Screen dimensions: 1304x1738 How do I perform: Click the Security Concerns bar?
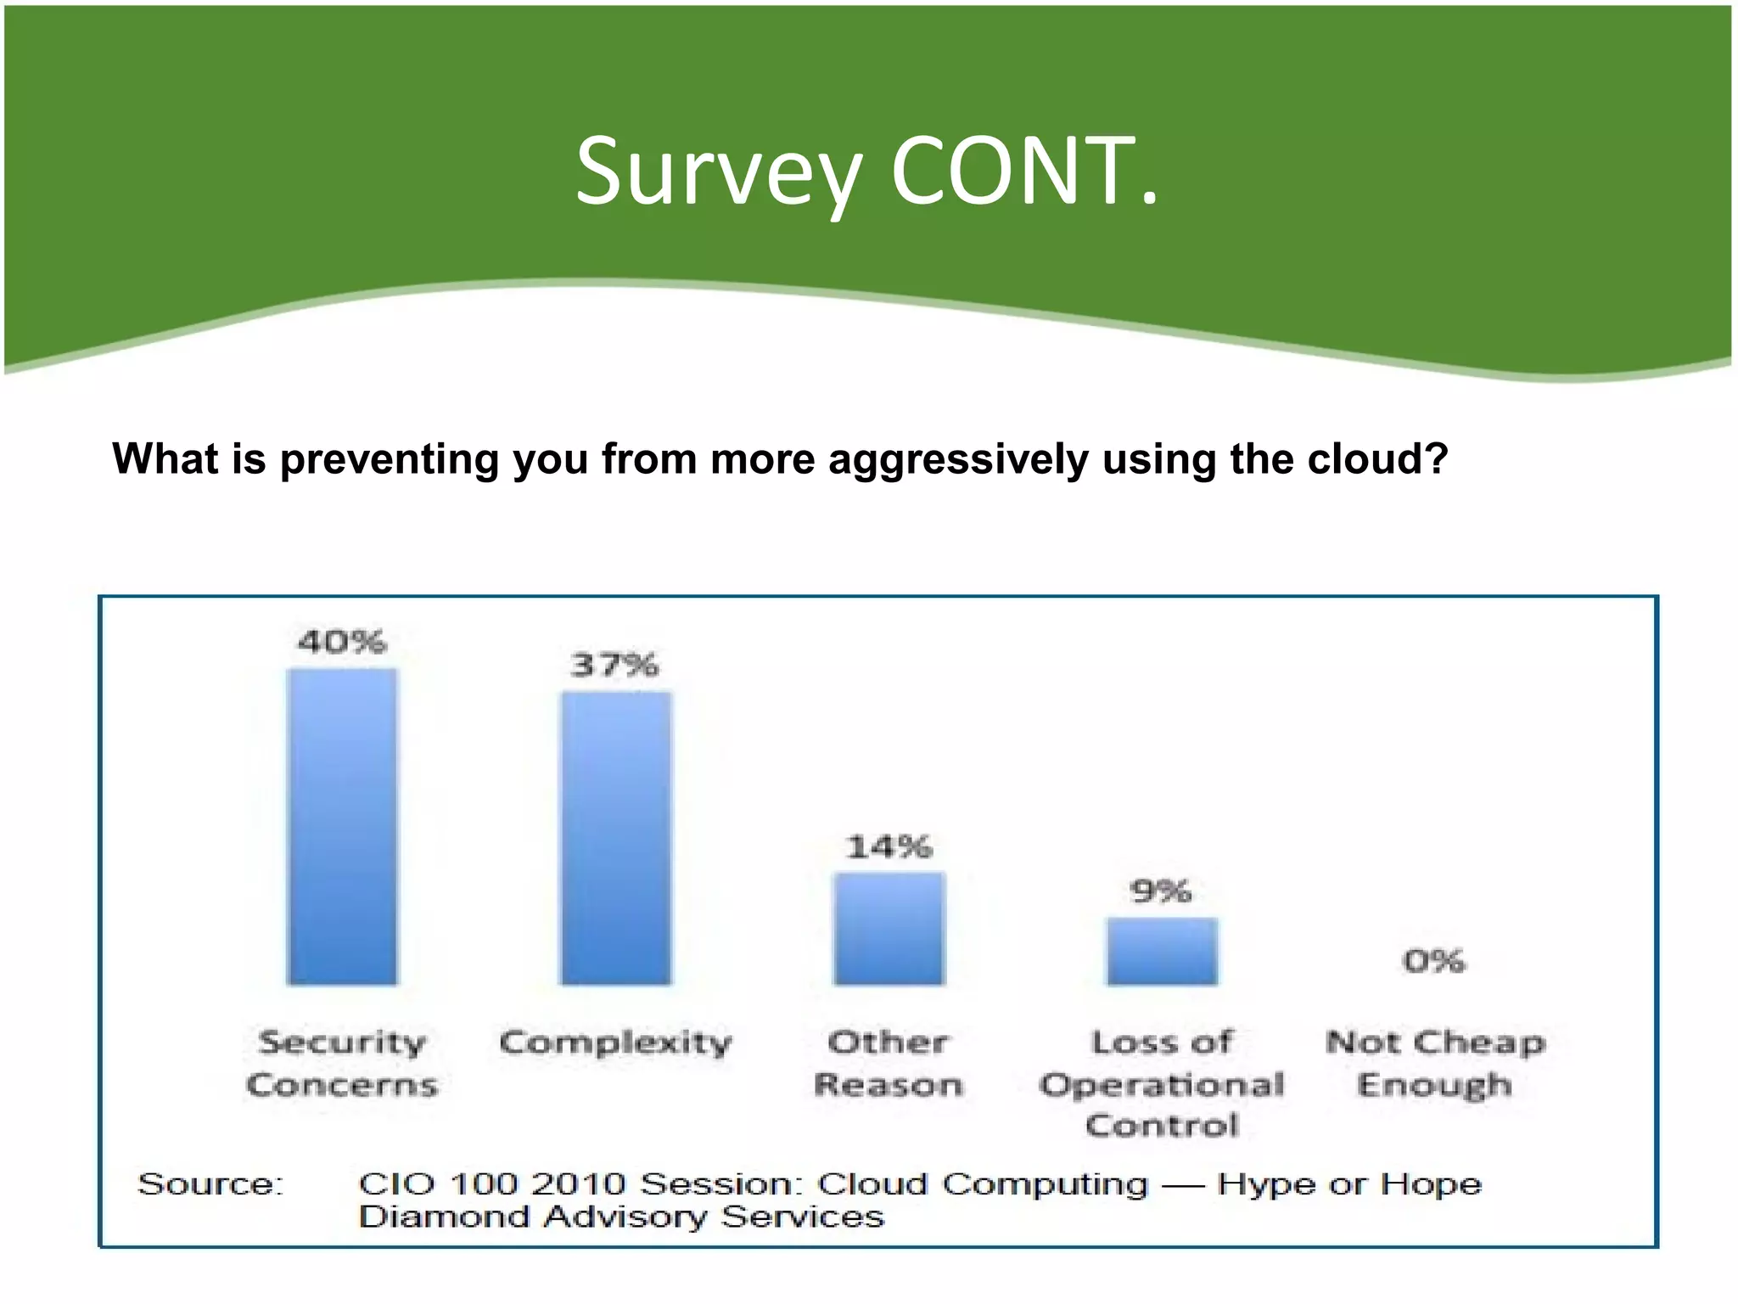342,827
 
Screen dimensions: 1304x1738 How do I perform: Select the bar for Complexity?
615,838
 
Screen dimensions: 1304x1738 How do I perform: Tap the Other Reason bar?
889,929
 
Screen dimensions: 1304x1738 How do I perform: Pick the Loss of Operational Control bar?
1162,952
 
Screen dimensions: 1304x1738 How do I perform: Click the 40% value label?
342,642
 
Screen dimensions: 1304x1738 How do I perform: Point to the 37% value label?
614,665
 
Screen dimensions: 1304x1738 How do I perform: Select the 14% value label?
889,846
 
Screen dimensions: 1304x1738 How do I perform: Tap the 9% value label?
1161,891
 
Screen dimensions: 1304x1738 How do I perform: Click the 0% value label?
1433,961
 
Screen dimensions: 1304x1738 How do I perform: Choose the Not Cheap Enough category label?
1435,1063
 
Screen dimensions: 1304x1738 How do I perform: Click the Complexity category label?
615,1043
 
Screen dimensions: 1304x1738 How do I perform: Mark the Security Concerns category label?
342,1063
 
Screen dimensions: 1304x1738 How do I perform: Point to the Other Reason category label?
889,1063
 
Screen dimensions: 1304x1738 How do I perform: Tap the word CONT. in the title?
1023,172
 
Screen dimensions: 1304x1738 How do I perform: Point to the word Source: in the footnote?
210,1183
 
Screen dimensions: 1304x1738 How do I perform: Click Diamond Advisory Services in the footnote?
621,1217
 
